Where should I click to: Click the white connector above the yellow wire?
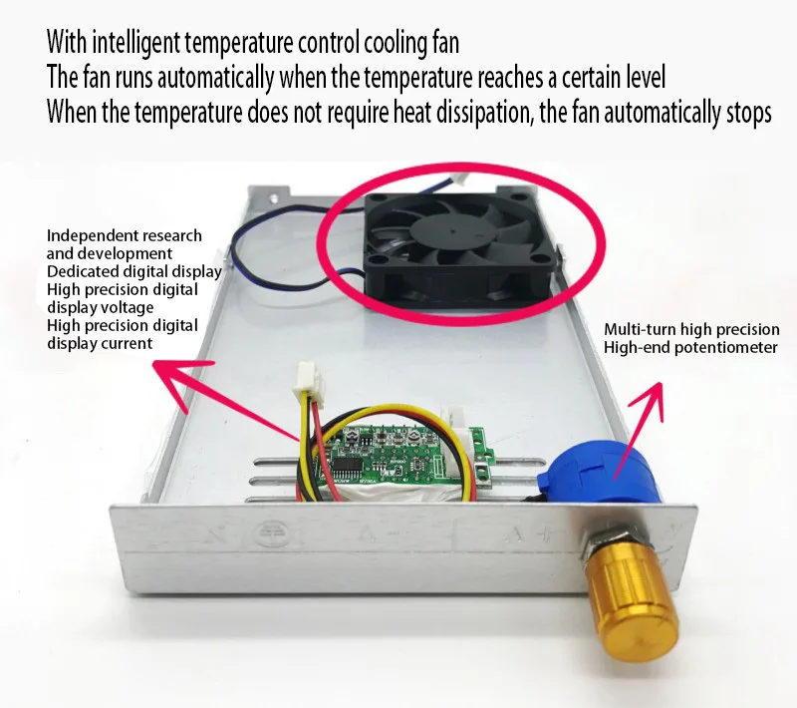coord(306,380)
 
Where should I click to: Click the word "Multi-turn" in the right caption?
coord(641,329)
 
